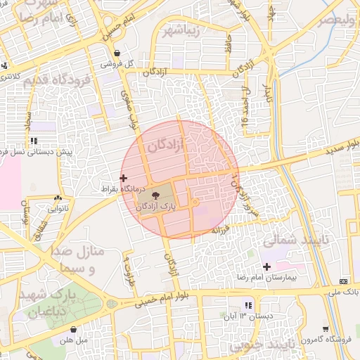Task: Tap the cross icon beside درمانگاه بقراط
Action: [x=124, y=178]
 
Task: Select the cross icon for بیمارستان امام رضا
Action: [x=266, y=266]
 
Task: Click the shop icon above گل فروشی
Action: [x=117, y=53]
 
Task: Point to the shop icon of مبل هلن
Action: [x=74, y=329]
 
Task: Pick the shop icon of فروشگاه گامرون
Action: [x=325, y=328]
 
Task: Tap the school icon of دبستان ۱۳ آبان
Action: [x=247, y=304]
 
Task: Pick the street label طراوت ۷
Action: [x=128, y=262]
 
